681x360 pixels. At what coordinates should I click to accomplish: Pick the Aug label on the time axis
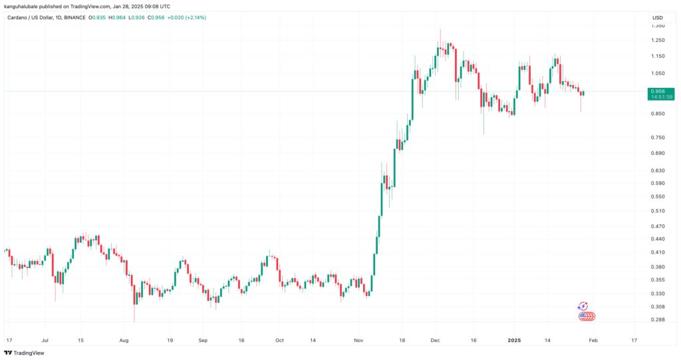coord(124,339)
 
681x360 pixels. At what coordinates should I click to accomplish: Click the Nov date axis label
coord(359,339)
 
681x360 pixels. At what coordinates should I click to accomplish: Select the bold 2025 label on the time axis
coord(513,339)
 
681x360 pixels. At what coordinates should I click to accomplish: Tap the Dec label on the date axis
coord(435,339)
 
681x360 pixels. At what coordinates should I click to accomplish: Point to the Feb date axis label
coord(593,339)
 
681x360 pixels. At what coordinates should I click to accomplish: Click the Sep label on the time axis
coord(203,339)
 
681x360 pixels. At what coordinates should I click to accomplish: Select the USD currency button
coord(657,17)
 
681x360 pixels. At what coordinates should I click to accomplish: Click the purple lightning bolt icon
coord(583,305)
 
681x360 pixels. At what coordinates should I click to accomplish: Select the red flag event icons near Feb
coord(587,316)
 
